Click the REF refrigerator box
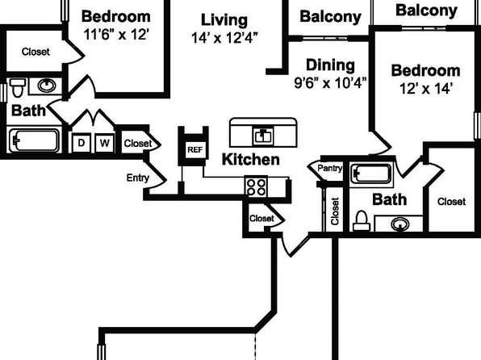(x=195, y=149)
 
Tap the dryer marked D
(x=82, y=143)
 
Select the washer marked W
(x=104, y=143)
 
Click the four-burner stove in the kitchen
(x=256, y=187)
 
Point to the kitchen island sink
(x=263, y=136)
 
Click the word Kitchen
(x=251, y=160)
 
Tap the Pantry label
(x=330, y=168)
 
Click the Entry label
(x=138, y=178)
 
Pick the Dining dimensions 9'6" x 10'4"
(x=330, y=83)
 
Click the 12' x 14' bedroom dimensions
(x=425, y=89)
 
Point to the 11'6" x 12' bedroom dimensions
(x=116, y=35)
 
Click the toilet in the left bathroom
(x=18, y=87)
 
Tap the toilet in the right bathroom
(x=362, y=221)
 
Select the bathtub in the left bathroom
(x=34, y=141)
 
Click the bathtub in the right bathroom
(x=372, y=174)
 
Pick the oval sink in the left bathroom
(x=47, y=86)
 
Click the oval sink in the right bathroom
(x=400, y=224)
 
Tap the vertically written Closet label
(x=335, y=211)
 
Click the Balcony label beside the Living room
(x=330, y=17)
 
